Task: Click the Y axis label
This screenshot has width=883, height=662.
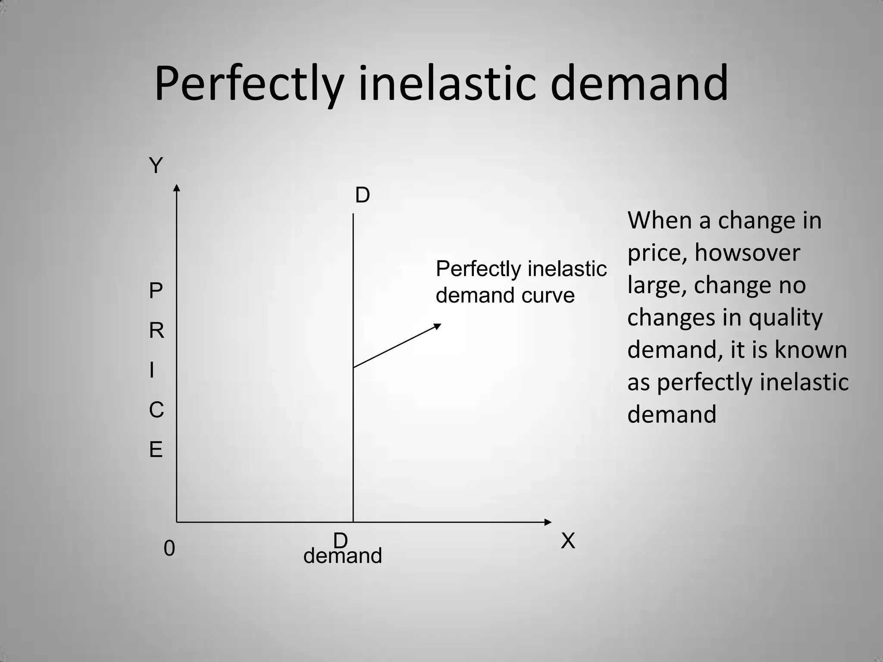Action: coord(156,165)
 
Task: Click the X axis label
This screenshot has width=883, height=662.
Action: coord(568,541)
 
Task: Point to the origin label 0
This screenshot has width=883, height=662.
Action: coord(169,549)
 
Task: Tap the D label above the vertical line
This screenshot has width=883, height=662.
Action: coord(362,196)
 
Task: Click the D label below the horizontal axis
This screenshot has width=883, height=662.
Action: coord(340,540)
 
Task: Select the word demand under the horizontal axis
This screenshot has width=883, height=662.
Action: coord(343,556)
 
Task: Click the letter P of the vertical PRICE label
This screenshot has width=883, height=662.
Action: coord(156,291)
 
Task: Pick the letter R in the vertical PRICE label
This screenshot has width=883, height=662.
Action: coord(156,331)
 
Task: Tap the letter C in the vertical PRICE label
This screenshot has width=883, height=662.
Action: coord(156,410)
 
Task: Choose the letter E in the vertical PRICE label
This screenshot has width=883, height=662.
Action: coord(156,450)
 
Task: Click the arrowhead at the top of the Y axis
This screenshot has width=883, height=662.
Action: coord(176,187)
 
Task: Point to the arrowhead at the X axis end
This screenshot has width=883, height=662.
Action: coord(548,522)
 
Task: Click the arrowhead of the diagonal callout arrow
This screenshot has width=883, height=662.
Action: coord(438,326)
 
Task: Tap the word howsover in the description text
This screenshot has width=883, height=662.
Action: coord(747,253)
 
